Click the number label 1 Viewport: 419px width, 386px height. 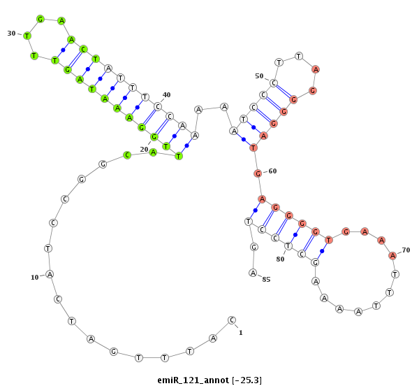click(241, 333)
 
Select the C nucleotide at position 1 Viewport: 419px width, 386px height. click(232, 320)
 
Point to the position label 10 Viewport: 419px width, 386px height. click(35, 278)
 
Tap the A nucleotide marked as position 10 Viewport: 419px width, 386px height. click(50, 274)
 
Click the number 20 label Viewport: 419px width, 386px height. click(144, 150)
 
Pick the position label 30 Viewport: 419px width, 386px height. click(11, 34)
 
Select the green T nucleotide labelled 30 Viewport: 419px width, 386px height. click(27, 36)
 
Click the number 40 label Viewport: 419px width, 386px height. click(166, 95)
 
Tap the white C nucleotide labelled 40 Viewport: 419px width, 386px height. click(158, 107)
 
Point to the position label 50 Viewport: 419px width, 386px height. click(259, 76)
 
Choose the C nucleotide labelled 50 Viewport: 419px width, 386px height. click(273, 83)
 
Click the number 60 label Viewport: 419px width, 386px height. click(272, 171)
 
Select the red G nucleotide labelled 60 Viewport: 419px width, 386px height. click(258, 173)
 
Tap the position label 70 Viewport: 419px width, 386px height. click(406, 250)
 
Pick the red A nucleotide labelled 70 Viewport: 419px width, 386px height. click(392, 256)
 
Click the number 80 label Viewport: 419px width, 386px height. click(280, 259)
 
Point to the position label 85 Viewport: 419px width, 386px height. click(267, 280)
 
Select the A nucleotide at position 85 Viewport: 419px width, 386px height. click(253, 273)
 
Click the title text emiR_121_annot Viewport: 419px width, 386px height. click(193, 380)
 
